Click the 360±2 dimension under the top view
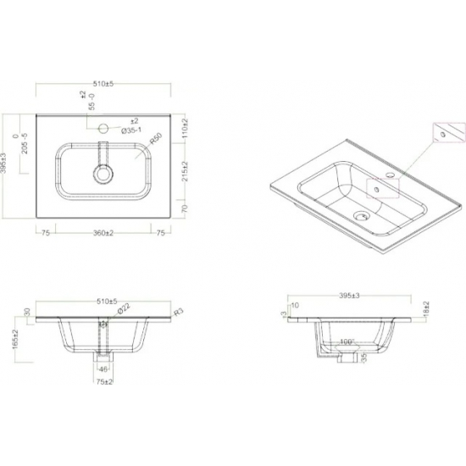click(103, 231)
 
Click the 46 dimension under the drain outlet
click(103, 369)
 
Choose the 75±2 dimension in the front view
click(103, 383)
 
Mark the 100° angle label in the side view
click(346, 343)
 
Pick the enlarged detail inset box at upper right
click(448, 133)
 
